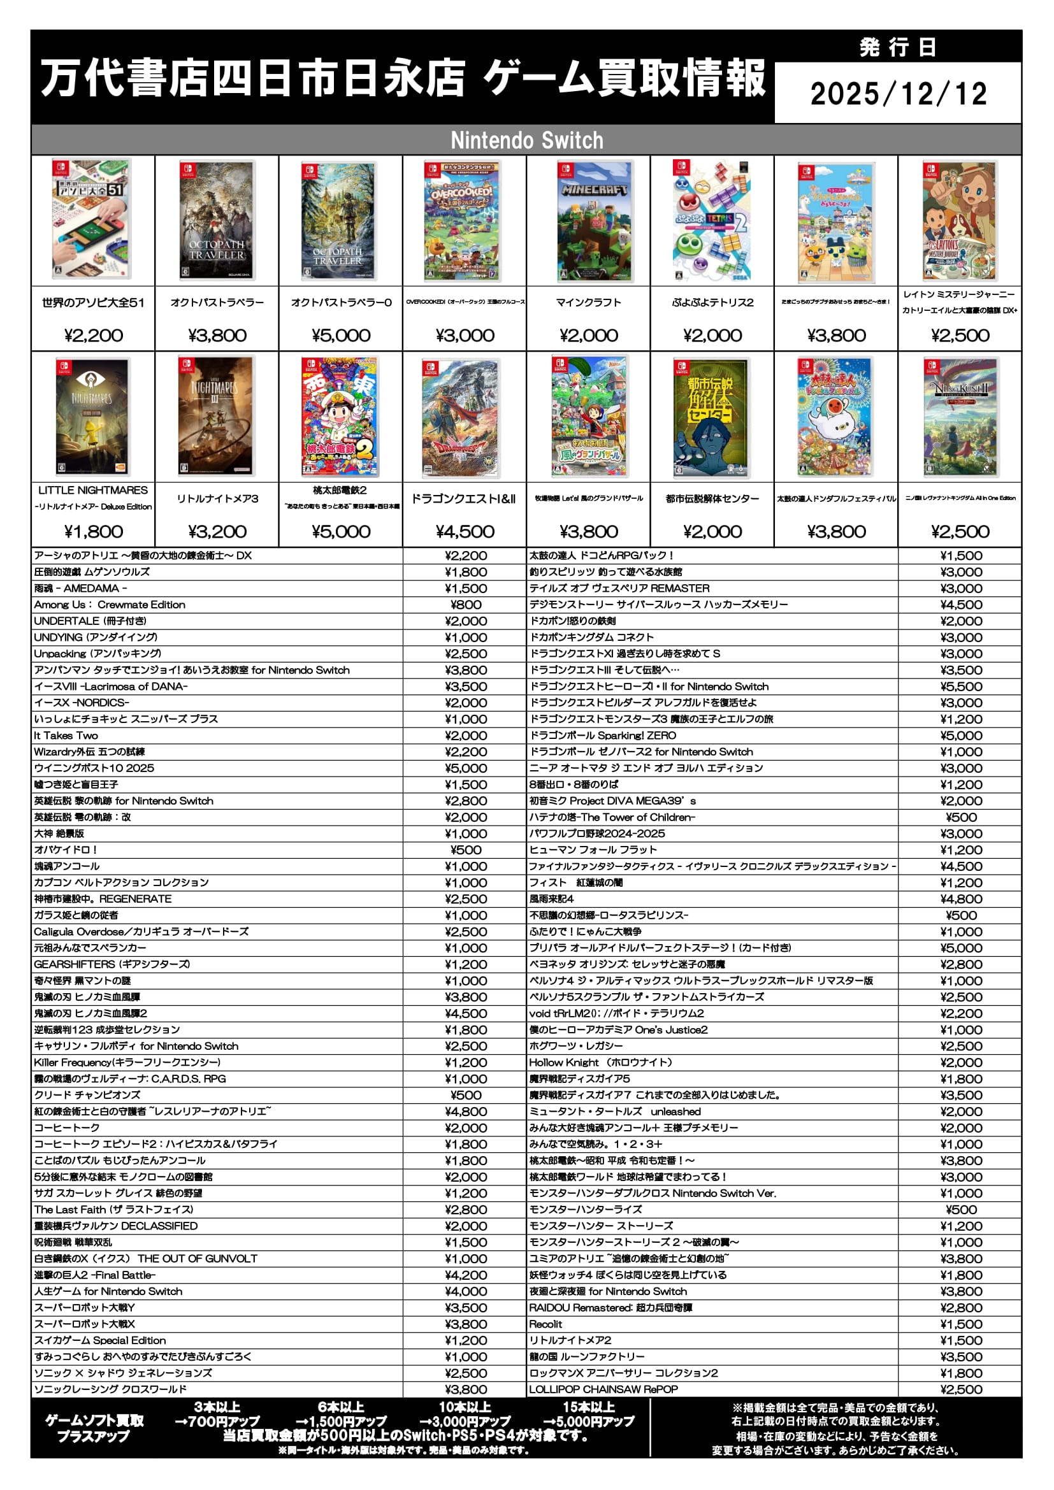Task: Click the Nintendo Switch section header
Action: point(526,140)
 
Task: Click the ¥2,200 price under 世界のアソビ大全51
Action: point(94,336)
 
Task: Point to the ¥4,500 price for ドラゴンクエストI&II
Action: point(464,531)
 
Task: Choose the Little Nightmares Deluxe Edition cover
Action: point(93,417)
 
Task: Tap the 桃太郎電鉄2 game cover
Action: point(340,417)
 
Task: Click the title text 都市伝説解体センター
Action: point(712,498)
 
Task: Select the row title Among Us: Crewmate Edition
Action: point(110,605)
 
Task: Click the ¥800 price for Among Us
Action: point(465,605)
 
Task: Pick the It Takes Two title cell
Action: point(66,735)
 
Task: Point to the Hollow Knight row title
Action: point(600,1063)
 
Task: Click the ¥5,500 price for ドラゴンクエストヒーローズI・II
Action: point(960,687)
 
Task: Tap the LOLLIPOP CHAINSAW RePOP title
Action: point(603,1389)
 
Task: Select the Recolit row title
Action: point(546,1324)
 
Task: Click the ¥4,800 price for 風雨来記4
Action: point(960,899)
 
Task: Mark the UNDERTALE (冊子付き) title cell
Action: point(90,621)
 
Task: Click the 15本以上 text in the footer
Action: point(588,1407)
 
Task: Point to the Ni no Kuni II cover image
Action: point(960,417)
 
